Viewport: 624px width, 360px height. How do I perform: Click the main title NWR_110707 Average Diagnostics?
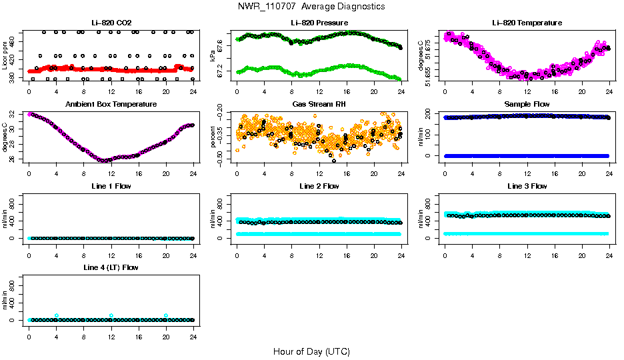coord(311,6)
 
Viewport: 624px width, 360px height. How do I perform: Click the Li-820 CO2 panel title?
coord(111,23)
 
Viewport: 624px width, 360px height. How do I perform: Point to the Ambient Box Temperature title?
coord(111,105)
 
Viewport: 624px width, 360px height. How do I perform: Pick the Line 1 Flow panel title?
coord(111,186)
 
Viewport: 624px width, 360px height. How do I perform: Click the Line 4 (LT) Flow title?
coord(111,267)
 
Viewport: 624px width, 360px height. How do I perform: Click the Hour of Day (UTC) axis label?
coord(311,351)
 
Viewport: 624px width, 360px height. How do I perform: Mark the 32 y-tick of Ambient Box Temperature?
coord(13,115)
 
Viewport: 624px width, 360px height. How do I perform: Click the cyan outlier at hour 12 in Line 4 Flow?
coord(111,315)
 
